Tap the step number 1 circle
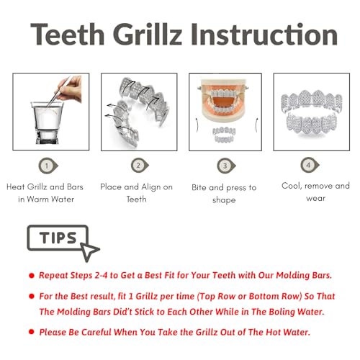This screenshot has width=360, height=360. [48, 166]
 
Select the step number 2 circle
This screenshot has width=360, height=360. [138, 166]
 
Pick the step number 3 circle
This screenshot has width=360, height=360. [224, 166]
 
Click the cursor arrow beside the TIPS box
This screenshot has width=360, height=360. [90, 251]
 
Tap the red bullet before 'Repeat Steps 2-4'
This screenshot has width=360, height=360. [32, 276]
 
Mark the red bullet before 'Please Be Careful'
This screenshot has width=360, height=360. [32, 332]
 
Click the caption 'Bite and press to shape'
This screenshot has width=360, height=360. [224, 194]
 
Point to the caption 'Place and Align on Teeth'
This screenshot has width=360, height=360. [137, 193]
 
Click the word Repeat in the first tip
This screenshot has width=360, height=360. [56, 276]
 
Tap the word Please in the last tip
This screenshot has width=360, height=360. [56, 332]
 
